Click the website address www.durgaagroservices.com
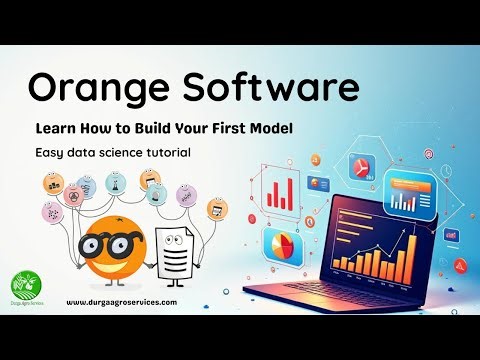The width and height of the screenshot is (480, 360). (x=122, y=301)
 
